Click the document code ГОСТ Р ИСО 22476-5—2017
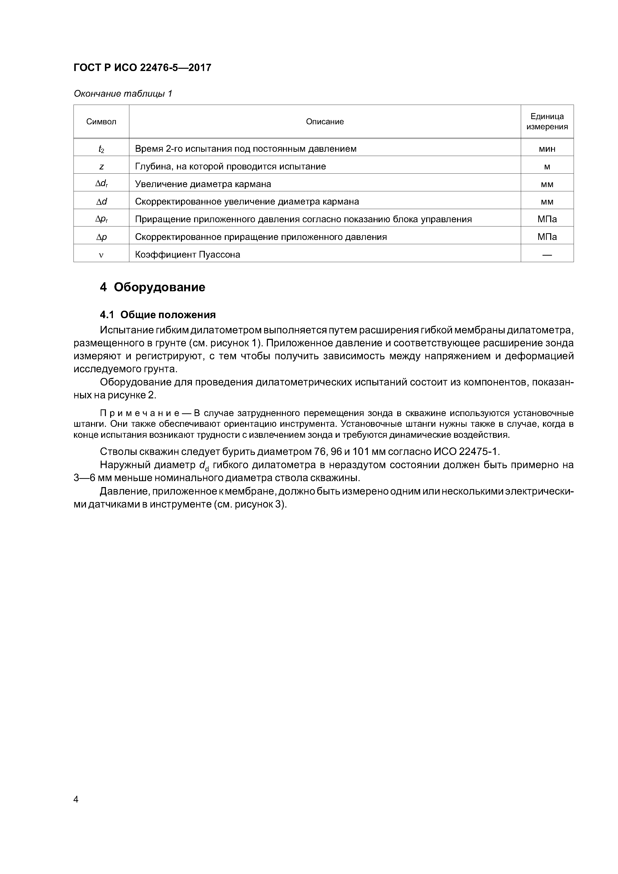[x=142, y=68]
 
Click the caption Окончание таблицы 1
[x=123, y=94]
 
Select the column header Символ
[x=101, y=122]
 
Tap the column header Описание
[x=325, y=122]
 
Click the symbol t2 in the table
[x=101, y=149]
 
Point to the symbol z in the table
[x=101, y=167]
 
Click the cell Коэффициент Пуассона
[x=188, y=255]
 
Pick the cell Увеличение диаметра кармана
[x=203, y=184]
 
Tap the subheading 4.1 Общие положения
[x=158, y=315]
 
